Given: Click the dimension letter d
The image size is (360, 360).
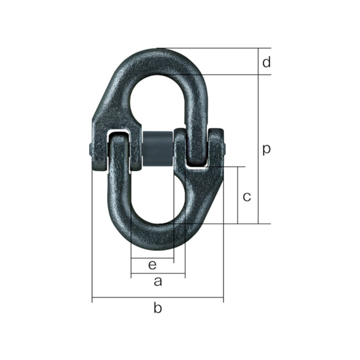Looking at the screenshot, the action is pyautogui.click(x=266, y=63).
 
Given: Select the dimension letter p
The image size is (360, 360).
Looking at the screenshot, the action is pyautogui.click(x=266, y=150).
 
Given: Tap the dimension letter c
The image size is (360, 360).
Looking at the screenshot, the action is pyautogui.click(x=247, y=197).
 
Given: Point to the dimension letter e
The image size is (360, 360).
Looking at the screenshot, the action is pyautogui.click(x=153, y=265).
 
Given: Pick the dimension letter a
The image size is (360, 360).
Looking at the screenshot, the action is pyautogui.click(x=158, y=281).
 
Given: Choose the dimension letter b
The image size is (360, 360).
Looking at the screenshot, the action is pyautogui.click(x=158, y=308).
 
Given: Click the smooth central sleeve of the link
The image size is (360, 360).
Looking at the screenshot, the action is pyautogui.click(x=157, y=149).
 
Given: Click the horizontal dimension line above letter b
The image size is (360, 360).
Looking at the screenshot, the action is pyautogui.click(x=158, y=297).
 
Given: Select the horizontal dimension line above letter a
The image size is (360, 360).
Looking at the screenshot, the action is pyautogui.click(x=158, y=274).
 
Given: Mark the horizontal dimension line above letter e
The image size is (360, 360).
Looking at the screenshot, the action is pyautogui.click(x=153, y=258).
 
